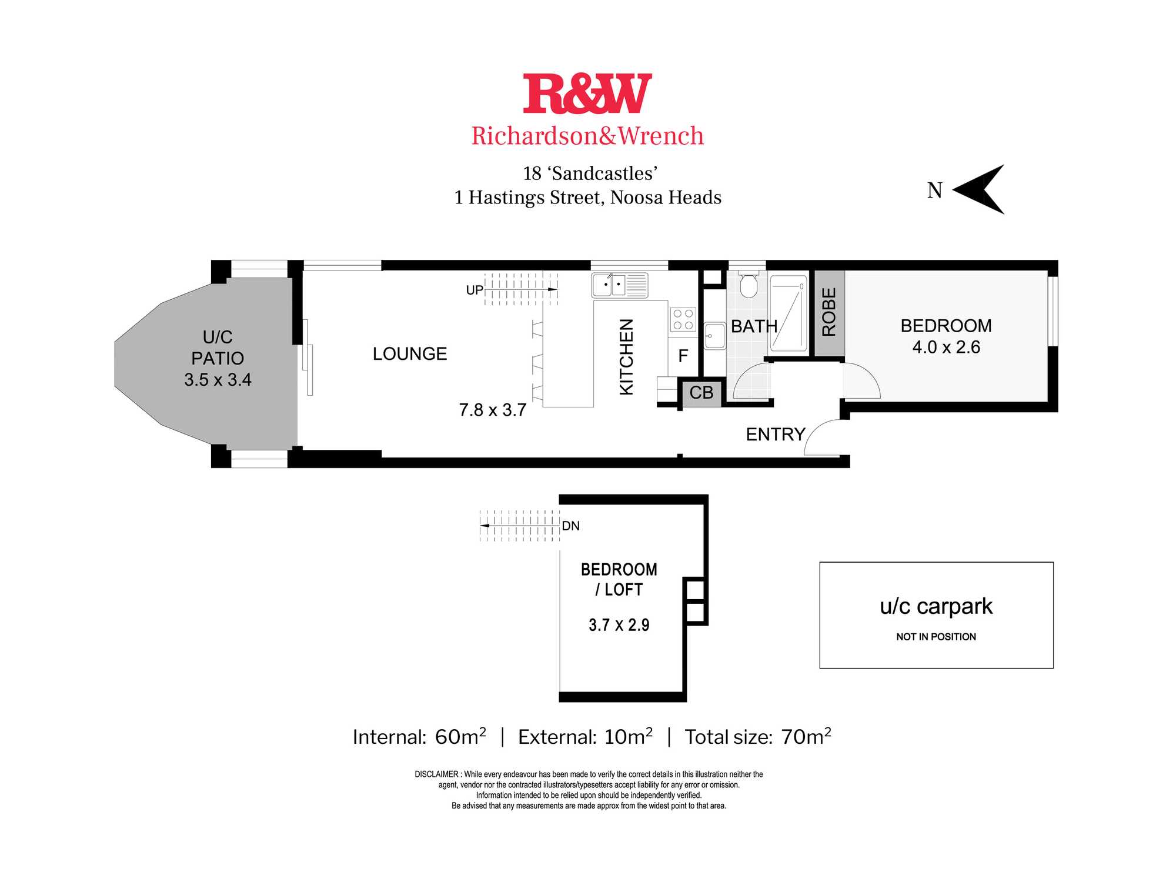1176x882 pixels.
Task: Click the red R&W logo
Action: point(587,93)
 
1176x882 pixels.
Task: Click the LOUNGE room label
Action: point(410,353)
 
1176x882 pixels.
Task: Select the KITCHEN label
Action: point(627,357)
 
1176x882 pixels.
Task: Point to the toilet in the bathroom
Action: point(749,285)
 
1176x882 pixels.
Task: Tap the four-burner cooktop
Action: point(683,319)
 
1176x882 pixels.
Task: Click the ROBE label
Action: point(828,312)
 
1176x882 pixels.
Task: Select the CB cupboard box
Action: point(701,392)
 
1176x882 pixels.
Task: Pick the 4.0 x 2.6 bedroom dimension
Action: point(946,347)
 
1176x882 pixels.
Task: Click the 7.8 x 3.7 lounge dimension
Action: point(493,410)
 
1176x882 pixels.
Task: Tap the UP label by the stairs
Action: point(475,290)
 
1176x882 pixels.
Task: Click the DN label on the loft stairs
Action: point(571,526)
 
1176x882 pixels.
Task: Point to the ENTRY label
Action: point(776,434)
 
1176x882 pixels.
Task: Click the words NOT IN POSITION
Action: point(936,637)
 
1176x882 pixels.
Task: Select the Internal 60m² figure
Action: point(420,736)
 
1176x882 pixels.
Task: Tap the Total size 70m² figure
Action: point(758,736)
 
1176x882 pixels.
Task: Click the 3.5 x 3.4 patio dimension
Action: point(218,379)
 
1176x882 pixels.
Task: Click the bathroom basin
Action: point(715,336)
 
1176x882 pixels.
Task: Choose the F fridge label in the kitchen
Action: point(683,356)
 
